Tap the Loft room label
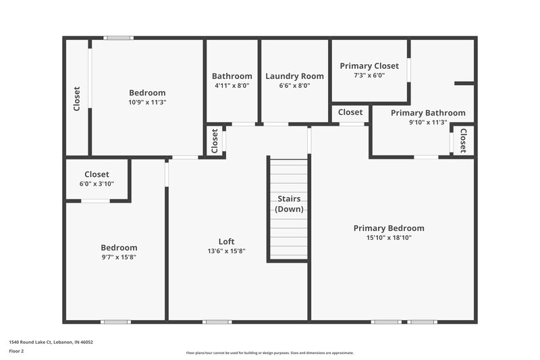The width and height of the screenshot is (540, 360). point(226,241)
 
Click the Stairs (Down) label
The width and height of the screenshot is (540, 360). point(288,203)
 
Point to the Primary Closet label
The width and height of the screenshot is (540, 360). point(369,66)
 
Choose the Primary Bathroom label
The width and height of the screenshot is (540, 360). point(428,113)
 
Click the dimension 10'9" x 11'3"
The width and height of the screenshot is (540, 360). point(147,102)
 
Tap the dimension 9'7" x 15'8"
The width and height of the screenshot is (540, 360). point(119,257)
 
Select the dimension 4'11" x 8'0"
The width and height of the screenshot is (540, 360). point(232,86)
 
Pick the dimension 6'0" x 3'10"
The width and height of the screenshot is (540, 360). point(97,184)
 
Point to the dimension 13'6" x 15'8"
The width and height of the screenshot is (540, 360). point(226,251)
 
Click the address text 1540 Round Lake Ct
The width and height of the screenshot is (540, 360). point(51,342)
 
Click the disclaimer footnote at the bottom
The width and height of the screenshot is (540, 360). point(269,353)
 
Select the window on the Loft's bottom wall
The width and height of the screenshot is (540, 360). point(217,322)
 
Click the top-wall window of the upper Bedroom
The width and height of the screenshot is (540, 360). point(118,38)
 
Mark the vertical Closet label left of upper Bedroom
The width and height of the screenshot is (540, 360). point(76,99)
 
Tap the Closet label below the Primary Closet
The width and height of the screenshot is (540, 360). point(350,112)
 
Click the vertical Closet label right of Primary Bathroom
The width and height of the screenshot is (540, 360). point(463,140)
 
